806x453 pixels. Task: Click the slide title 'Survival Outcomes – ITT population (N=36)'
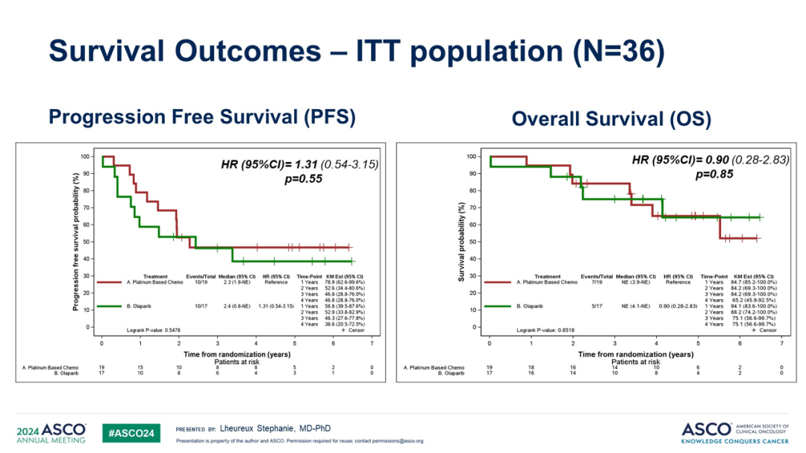tap(356, 51)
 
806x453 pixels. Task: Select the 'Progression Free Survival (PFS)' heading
tap(201, 117)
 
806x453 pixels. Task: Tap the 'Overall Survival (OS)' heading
tap(611, 119)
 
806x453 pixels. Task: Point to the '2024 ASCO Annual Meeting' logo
tap(51, 433)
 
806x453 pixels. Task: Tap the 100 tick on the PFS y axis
tap(86, 156)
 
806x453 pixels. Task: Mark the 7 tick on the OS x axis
tap(781, 342)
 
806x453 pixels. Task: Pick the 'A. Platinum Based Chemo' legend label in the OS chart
tap(547, 282)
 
